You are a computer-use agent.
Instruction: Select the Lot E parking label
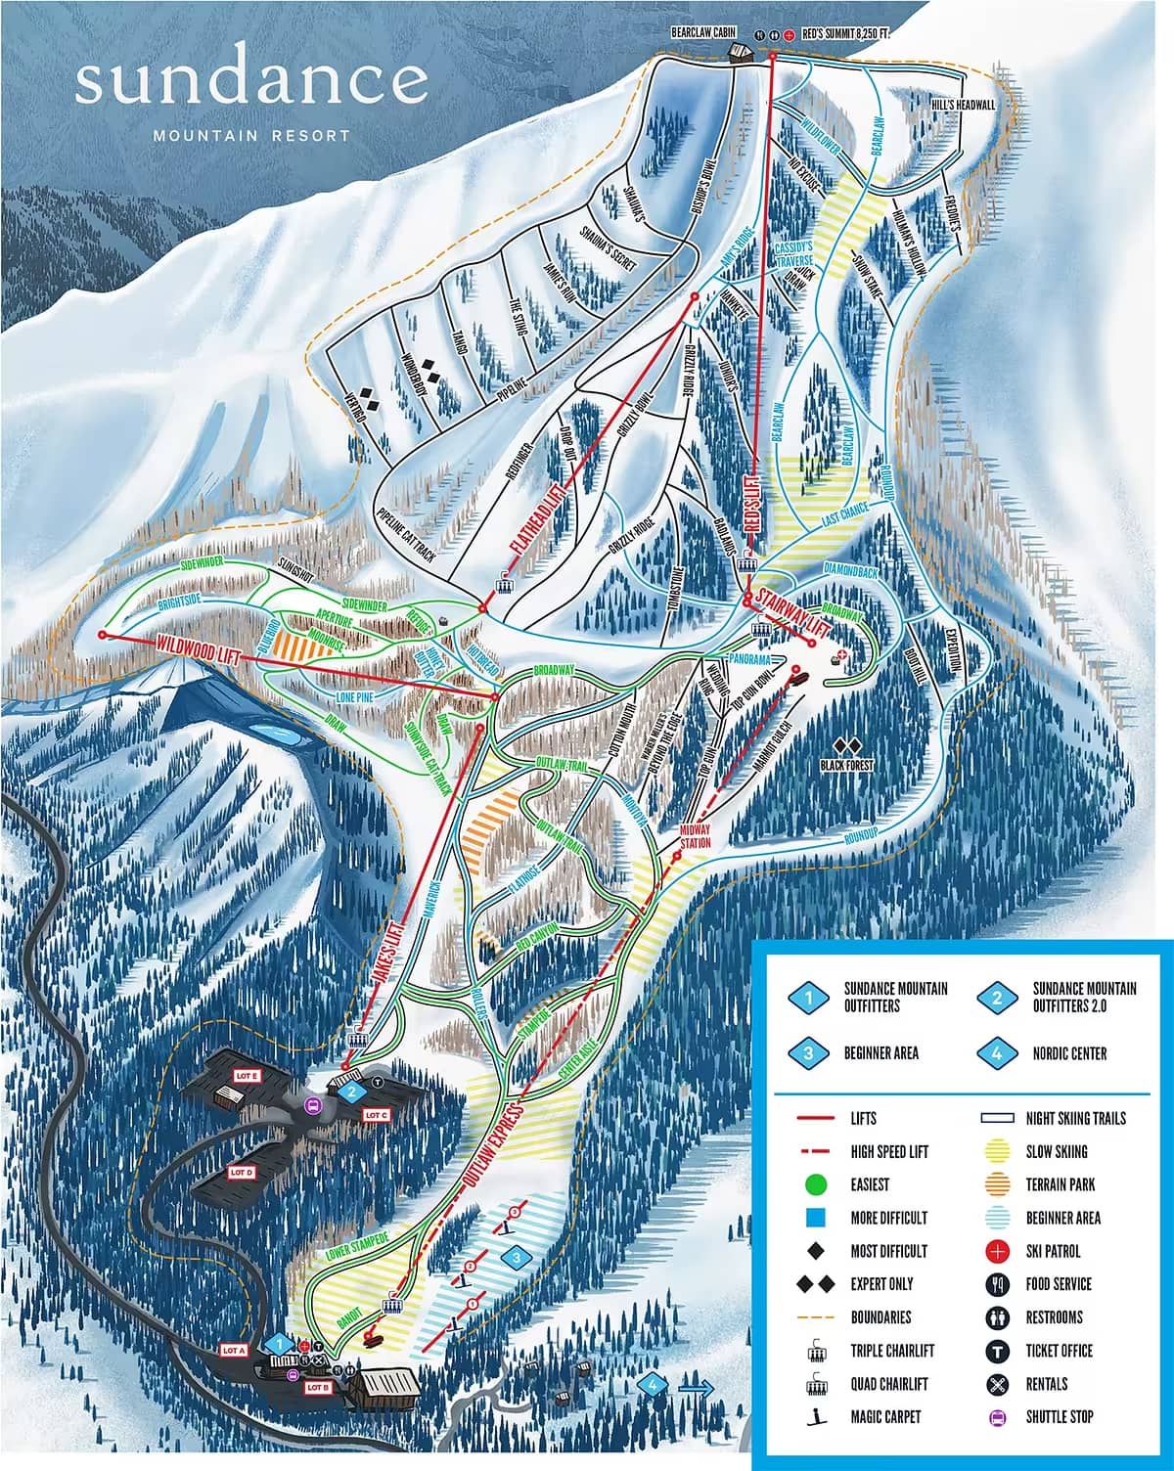pos(245,1075)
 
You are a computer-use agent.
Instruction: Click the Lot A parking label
pos(233,1351)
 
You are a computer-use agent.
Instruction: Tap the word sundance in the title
pos(251,82)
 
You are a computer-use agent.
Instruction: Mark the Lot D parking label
pos(243,1171)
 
